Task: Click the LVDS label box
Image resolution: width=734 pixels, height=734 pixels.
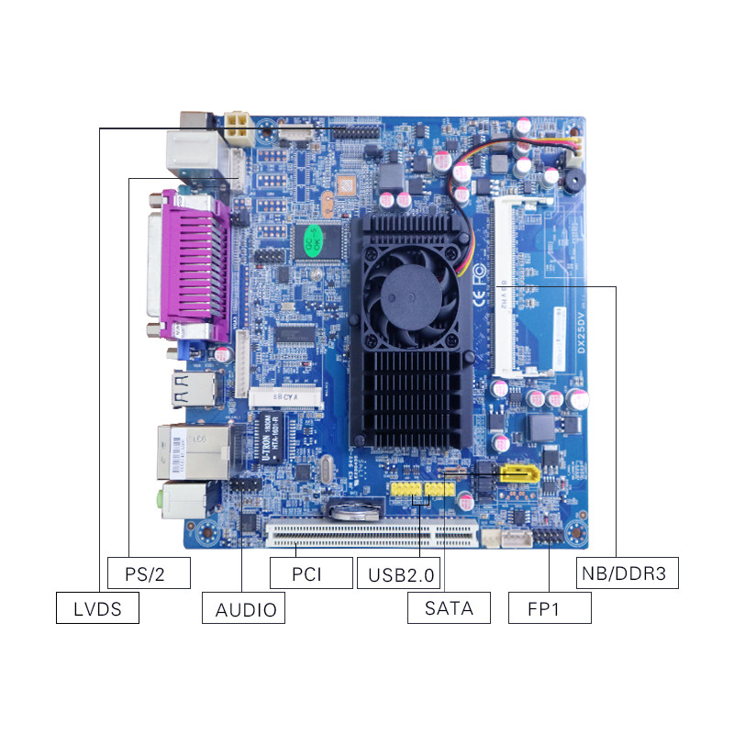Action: [x=97, y=607]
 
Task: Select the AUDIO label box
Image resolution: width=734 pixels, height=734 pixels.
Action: [x=244, y=607]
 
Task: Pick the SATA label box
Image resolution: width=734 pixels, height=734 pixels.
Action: [x=450, y=607]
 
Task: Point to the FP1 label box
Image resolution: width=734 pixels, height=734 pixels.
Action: [x=550, y=607]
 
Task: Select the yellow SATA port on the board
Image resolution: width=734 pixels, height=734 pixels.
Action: [x=518, y=474]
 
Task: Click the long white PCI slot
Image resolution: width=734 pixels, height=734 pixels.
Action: [x=372, y=531]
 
